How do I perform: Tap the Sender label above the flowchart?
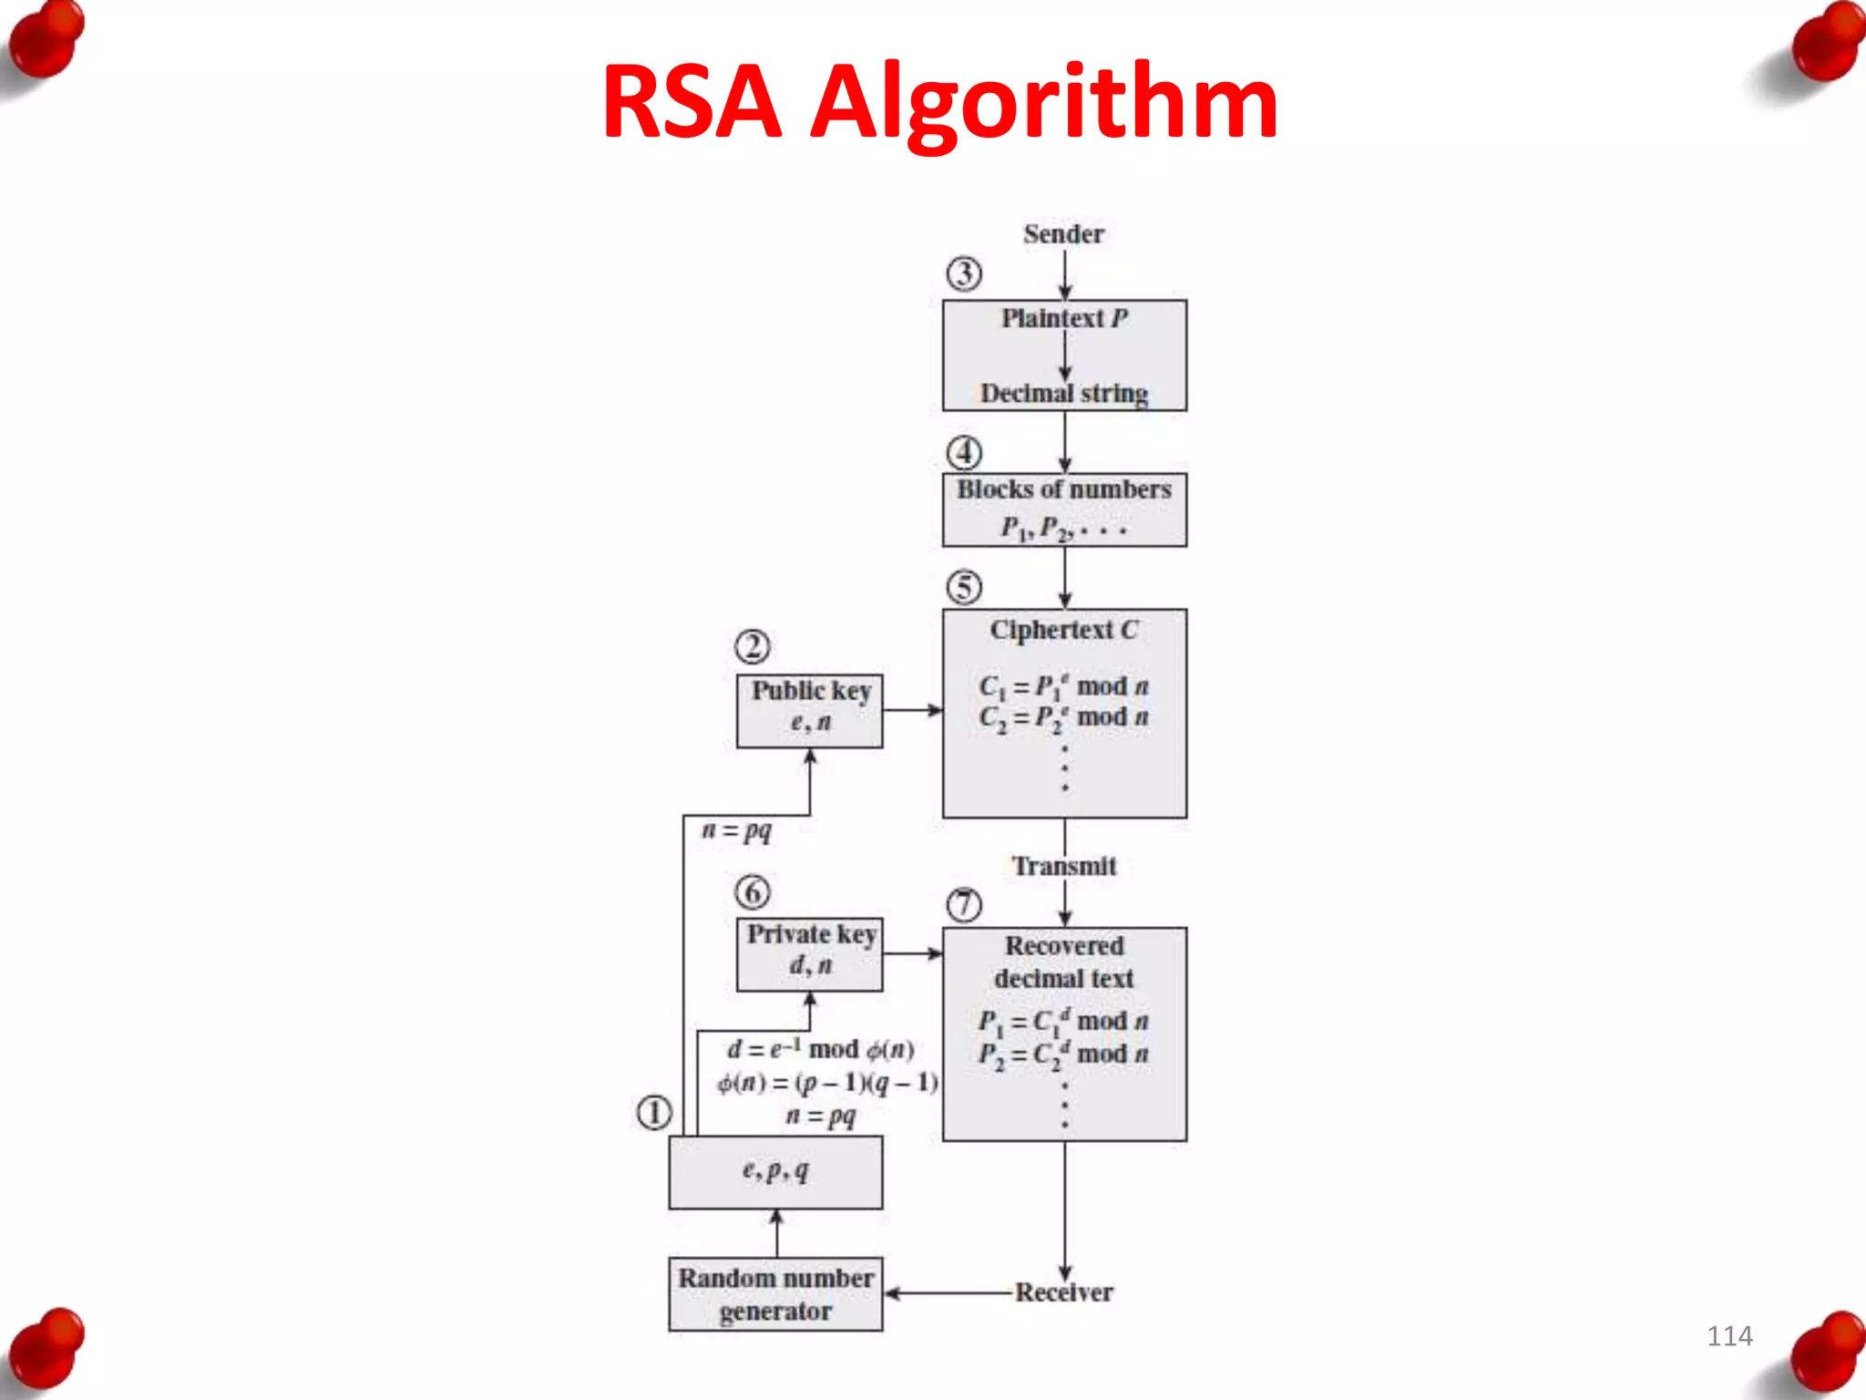click(x=1063, y=234)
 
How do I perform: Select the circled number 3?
click(x=964, y=273)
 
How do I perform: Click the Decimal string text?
click(x=1063, y=393)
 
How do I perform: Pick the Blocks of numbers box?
click(x=1064, y=510)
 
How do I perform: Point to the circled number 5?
click(x=964, y=587)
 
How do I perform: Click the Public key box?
click(x=809, y=711)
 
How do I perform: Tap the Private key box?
click(x=809, y=953)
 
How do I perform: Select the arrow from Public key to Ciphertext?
click(x=912, y=709)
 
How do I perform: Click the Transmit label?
click(x=1064, y=866)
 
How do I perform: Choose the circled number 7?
click(x=964, y=905)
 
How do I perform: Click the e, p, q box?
click(x=775, y=1172)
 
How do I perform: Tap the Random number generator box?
click(x=775, y=1294)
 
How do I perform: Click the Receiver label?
click(x=1063, y=1292)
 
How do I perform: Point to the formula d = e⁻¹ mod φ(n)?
click(x=820, y=1049)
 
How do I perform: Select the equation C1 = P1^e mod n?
click(x=1063, y=686)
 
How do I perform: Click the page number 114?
click(x=1729, y=1336)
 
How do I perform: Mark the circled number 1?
click(x=654, y=1113)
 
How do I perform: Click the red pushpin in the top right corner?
click(x=1825, y=41)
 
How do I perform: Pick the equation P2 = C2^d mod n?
click(x=1063, y=1055)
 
